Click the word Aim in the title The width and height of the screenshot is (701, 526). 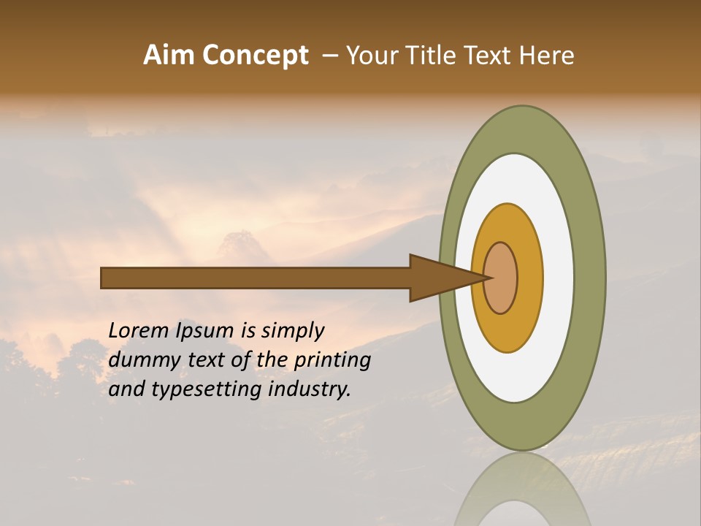pyautogui.click(x=169, y=56)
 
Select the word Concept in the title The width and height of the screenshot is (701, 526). pyautogui.click(x=256, y=56)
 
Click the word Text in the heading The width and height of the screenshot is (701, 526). pyautogui.click(x=490, y=56)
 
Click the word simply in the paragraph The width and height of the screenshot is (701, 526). pyautogui.click(x=292, y=332)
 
